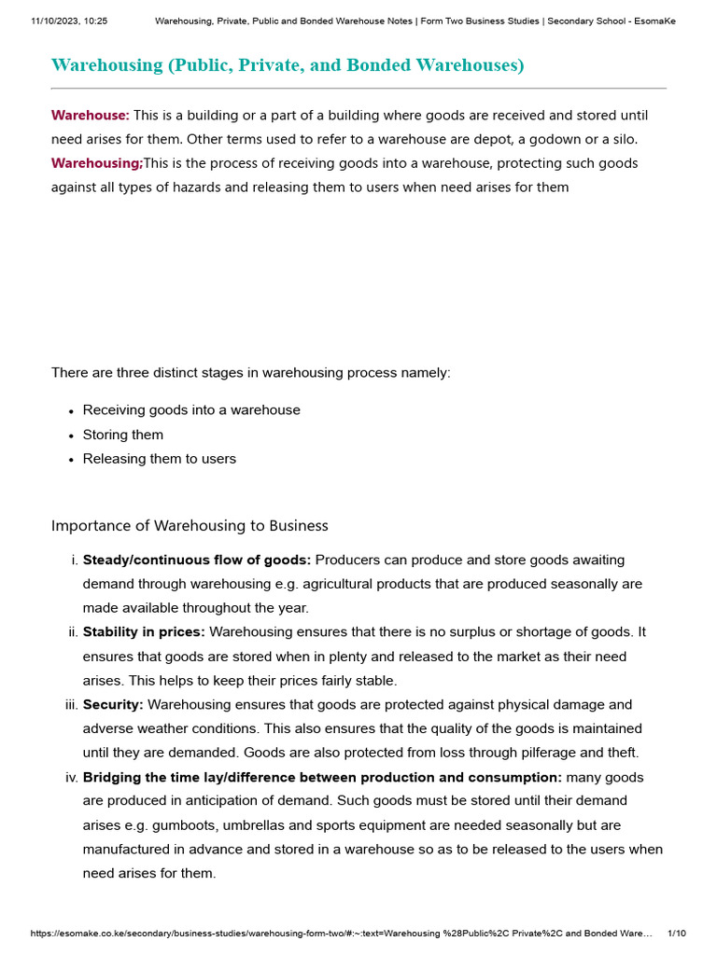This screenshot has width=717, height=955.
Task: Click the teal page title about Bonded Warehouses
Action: point(288,65)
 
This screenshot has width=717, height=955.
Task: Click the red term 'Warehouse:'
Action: point(90,116)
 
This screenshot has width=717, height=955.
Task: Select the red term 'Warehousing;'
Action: point(96,163)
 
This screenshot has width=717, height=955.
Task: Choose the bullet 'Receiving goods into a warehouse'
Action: point(191,410)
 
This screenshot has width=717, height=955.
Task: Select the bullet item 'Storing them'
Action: point(122,435)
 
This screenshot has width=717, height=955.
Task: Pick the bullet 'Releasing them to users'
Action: point(159,459)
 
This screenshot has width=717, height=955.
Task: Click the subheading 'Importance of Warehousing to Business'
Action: point(190,526)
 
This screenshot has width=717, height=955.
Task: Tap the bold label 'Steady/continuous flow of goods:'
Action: point(197,561)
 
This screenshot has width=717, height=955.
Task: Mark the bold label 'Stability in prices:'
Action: point(144,632)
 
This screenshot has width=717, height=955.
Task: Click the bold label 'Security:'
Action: point(113,705)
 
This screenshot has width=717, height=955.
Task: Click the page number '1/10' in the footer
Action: point(677,934)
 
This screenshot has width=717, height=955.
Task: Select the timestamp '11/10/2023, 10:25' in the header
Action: point(69,21)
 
